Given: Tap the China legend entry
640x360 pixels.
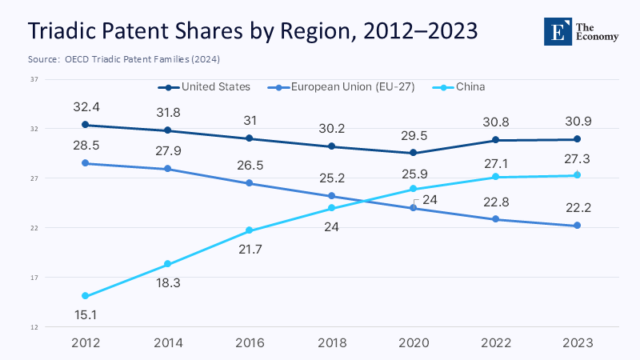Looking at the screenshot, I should click(470, 86).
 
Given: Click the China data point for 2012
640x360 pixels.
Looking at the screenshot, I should click(85, 296).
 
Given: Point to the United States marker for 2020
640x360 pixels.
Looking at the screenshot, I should click(413, 153).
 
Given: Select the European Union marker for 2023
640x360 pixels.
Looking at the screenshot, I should click(577, 226).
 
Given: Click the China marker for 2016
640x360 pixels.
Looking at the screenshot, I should click(249, 231).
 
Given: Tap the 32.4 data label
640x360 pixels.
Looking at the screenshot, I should click(85, 106).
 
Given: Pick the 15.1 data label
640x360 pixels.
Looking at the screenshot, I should click(85, 315).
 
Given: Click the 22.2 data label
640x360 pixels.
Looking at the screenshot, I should click(577, 207).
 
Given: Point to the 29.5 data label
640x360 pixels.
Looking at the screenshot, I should click(413, 134).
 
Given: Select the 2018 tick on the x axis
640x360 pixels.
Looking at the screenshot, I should click(330, 343).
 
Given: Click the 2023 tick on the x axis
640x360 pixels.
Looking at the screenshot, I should click(577, 343).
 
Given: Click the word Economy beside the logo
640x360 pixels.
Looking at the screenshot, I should click(603, 38).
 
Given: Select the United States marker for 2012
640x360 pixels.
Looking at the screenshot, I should click(85, 125).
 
